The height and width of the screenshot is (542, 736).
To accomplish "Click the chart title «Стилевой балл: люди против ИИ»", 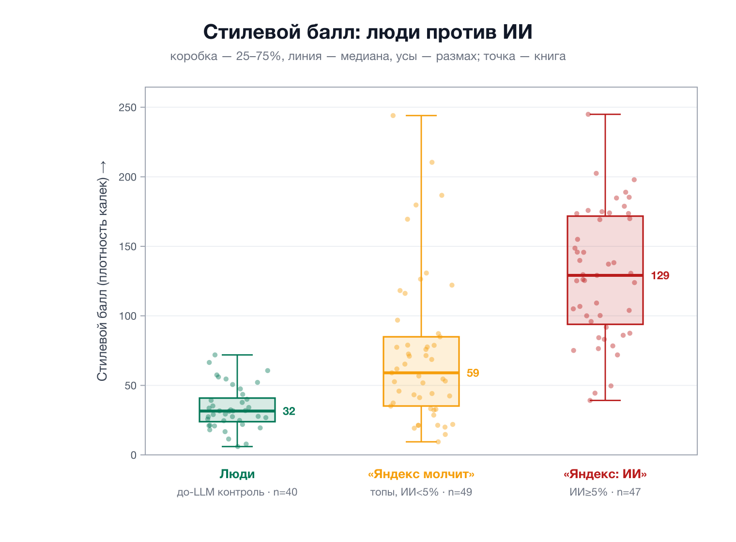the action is coord(368,32).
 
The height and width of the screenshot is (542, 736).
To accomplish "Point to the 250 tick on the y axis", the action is coord(127,108).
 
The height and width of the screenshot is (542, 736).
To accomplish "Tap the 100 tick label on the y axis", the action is coord(127,316).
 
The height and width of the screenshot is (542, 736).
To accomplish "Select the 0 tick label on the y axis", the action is coord(134,455).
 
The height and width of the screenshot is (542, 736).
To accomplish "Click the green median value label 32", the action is coord(289,411).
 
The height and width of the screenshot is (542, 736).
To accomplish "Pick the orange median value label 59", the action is coord(473,373).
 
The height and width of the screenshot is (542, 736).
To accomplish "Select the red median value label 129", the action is coord(660,275).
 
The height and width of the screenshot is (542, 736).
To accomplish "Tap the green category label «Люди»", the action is coord(237,474).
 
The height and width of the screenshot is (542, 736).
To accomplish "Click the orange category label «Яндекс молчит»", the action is coord(421,474).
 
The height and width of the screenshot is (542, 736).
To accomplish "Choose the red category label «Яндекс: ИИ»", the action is coord(605,474).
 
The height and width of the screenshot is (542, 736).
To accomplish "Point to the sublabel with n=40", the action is coord(237,492).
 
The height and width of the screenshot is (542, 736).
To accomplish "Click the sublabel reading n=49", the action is coord(421,492).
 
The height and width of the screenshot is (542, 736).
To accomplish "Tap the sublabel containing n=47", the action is coord(605,492).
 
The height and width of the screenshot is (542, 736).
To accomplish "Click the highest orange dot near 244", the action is coord(393,116).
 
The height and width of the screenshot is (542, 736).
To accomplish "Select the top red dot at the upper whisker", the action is coord(588,114).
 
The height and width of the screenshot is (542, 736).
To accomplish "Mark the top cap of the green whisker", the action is coord(237,355).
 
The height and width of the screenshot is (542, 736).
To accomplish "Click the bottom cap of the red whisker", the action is coord(605,401).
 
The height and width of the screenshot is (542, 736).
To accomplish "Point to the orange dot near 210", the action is coord(432,163).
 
